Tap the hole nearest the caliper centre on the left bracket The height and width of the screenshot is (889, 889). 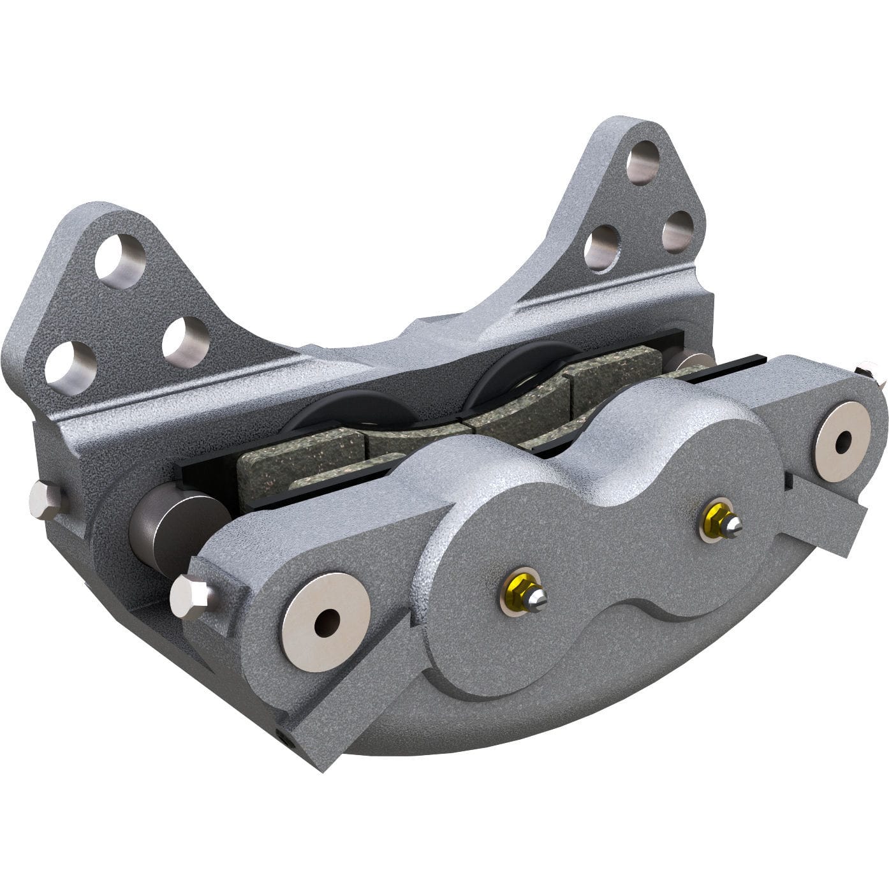click(x=186, y=339)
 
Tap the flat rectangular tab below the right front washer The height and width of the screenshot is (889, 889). click(x=829, y=510)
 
